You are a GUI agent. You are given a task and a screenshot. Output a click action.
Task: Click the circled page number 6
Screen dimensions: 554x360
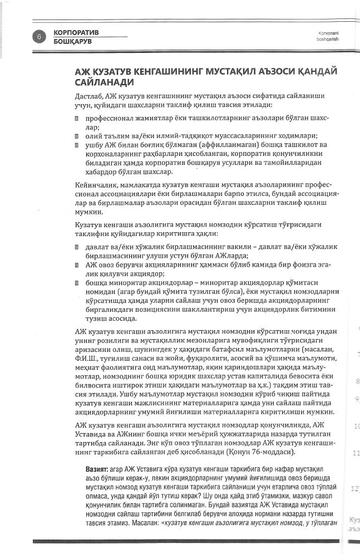coord(40,36)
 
